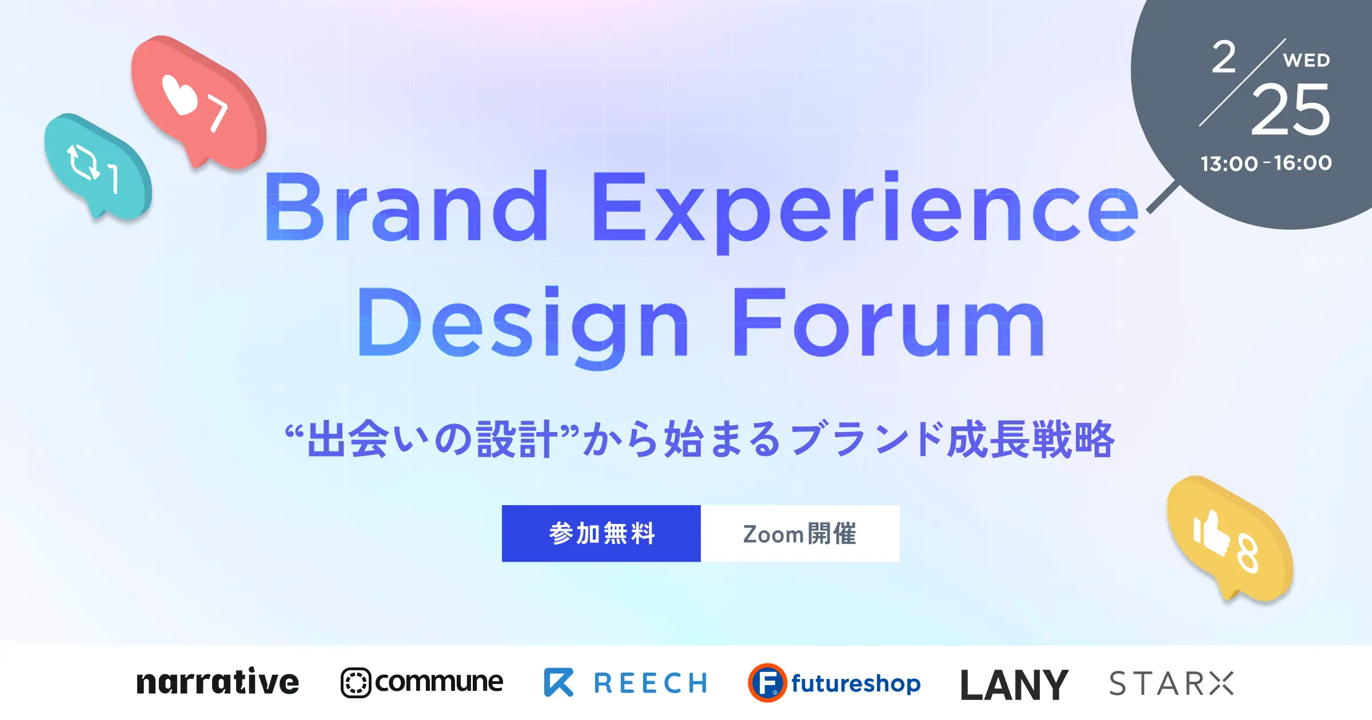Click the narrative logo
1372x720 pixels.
click(217, 682)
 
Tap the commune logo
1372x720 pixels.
click(422, 682)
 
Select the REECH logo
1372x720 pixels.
click(625, 682)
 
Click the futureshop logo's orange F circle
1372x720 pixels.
click(767, 683)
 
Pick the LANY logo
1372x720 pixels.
click(1014, 685)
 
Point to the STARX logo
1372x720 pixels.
click(1171, 683)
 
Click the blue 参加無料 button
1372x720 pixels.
click(601, 533)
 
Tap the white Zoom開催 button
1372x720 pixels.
click(800, 533)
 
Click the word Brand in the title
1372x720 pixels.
click(406, 207)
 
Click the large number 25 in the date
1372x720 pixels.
click(1290, 110)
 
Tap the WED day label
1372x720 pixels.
click(1306, 61)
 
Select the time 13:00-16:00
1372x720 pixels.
click(1266, 163)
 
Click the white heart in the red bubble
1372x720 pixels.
click(178, 95)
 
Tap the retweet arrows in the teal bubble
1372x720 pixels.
click(83, 162)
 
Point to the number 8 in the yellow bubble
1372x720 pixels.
click(1247, 553)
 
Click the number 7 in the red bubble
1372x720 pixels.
click(217, 113)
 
